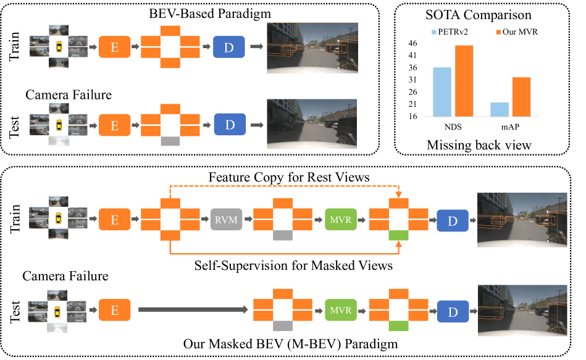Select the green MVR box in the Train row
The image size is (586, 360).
(337, 219)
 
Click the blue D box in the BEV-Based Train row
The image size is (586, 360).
(230, 47)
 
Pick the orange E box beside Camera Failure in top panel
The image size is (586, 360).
(114, 125)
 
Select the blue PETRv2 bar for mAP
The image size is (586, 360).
(500, 109)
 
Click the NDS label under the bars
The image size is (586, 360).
(446, 127)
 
